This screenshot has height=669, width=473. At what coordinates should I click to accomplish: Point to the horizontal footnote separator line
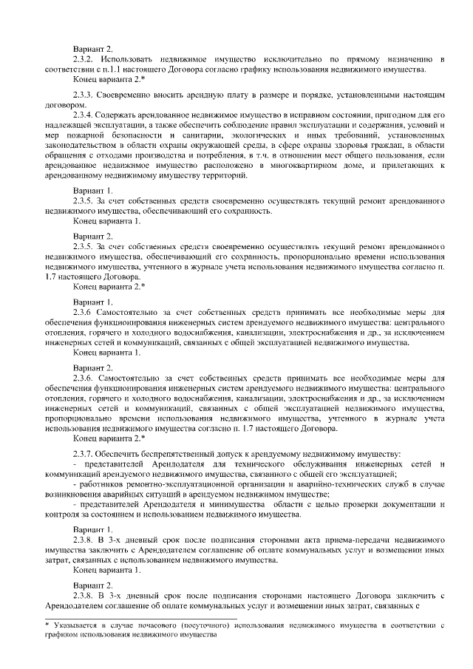(140, 618)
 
